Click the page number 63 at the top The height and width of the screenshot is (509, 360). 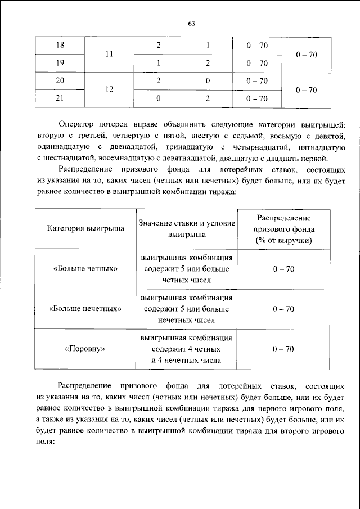[191, 23]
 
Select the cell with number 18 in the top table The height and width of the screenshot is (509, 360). [60, 44]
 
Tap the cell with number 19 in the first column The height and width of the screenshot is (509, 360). [60, 63]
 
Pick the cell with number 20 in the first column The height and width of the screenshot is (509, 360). [60, 81]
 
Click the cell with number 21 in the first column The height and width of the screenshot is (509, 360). [60, 99]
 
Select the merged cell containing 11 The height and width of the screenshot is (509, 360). [109, 54]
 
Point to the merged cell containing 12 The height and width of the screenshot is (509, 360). [109, 90]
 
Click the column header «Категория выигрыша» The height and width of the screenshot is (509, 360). [85, 229]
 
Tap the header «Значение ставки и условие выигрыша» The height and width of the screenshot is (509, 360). [187, 229]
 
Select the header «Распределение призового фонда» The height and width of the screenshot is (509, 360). [283, 229]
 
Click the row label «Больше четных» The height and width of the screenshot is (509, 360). [85, 269]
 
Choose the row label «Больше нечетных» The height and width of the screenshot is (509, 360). [85, 309]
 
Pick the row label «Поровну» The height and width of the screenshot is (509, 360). [85, 349]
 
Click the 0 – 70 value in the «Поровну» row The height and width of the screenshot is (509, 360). [283, 349]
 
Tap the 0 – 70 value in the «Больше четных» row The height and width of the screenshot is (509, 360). [283, 269]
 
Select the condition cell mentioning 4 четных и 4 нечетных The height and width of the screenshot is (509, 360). [187, 349]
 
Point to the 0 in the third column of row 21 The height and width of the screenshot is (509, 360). [159, 99]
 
